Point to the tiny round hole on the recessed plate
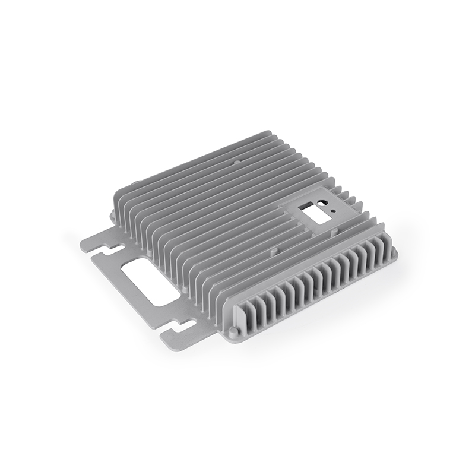334,210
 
